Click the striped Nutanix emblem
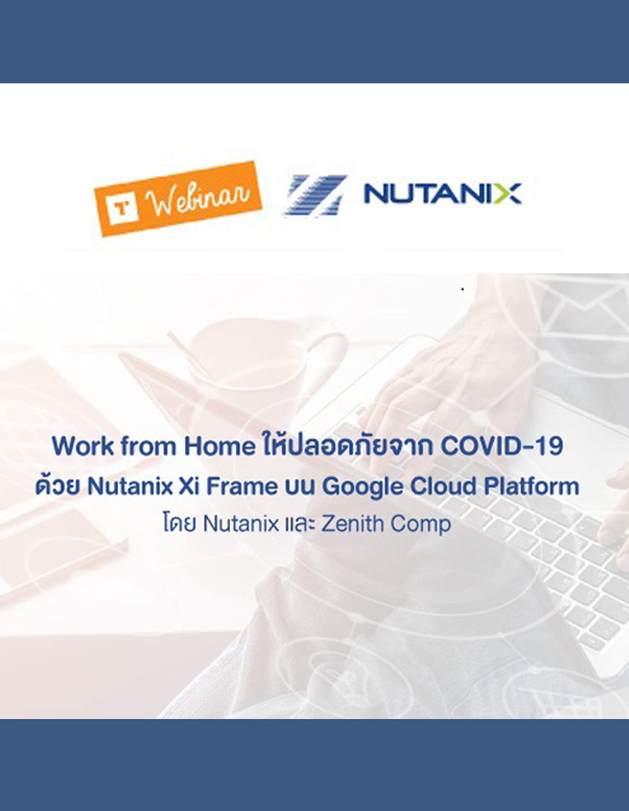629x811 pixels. click(315, 195)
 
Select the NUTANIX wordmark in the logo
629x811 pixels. click(442, 193)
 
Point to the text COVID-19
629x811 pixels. click(502, 446)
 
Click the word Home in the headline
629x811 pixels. click(217, 446)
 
